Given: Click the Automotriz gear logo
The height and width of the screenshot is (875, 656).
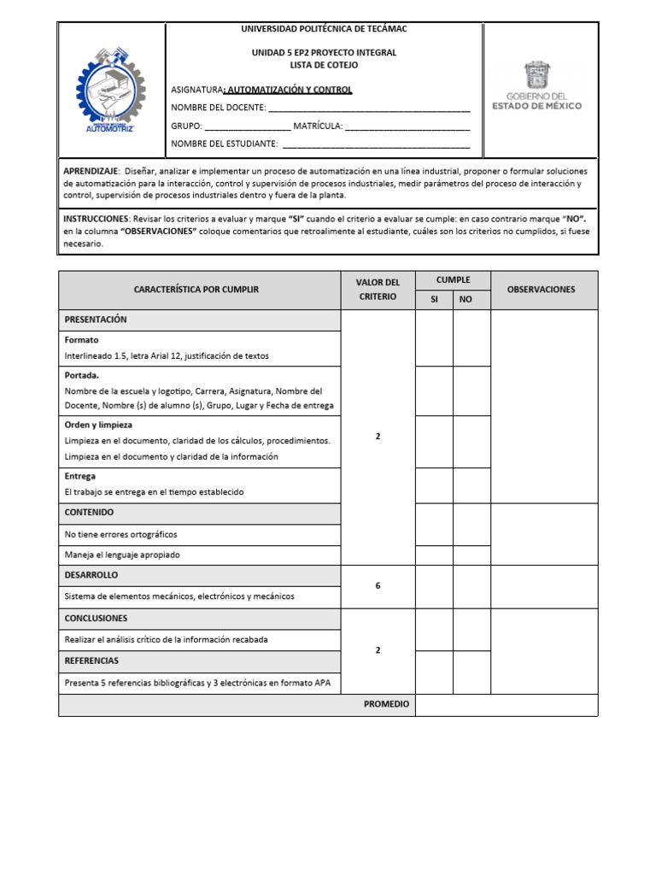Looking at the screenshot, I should [110, 90].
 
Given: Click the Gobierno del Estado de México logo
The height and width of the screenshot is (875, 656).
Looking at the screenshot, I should [537, 86].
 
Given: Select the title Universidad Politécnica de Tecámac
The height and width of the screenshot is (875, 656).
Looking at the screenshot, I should [324, 29].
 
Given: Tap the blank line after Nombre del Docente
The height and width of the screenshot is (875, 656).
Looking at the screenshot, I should [369, 108].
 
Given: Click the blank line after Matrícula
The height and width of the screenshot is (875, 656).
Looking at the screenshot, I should [407, 126].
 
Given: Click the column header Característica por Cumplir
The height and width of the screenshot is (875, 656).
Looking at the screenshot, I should [196, 290].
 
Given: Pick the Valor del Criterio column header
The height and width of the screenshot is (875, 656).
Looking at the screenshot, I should [378, 290].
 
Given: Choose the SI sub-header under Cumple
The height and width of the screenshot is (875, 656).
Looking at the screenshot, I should [434, 299].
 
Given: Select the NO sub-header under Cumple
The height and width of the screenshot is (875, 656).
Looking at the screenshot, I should [466, 299].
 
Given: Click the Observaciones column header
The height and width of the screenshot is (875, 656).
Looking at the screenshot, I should [542, 290].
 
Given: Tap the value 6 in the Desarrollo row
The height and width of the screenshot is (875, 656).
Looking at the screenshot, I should [378, 585].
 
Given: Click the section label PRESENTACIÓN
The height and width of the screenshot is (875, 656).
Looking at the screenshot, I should [96, 320].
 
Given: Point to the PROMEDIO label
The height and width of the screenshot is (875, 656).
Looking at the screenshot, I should [386, 705].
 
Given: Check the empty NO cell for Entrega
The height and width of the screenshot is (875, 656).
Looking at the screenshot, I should [471, 485].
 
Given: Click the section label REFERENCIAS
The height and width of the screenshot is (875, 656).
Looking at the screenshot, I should [91, 661].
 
